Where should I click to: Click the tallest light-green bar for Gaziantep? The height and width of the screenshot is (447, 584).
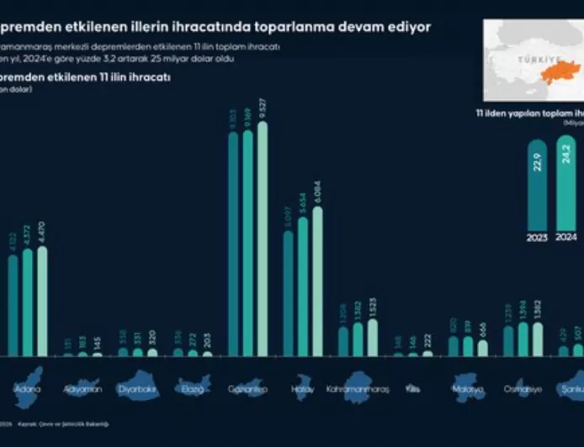(x=263, y=239)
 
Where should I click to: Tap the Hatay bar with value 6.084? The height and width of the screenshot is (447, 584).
(x=317, y=281)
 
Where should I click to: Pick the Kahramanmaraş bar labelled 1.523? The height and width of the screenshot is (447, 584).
(x=373, y=337)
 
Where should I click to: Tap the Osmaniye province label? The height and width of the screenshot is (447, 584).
(x=523, y=390)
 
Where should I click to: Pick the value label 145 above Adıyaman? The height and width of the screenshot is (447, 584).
(x=97, y=342)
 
